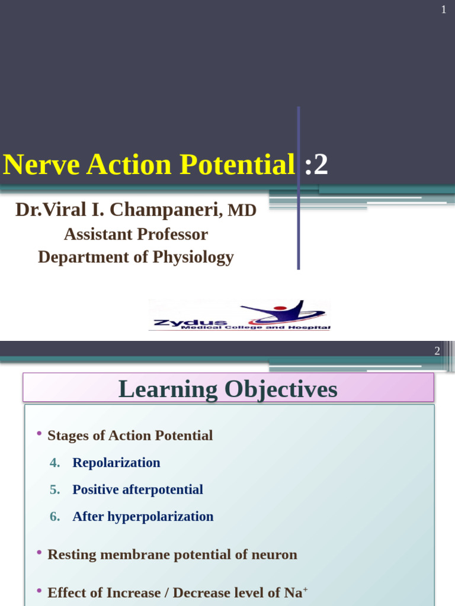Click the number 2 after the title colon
coord(321,165)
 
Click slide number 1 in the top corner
coord(443,10)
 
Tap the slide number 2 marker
coord(437,351)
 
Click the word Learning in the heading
coord(168,389)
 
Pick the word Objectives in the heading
coord(280,389)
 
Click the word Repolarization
coord(116,463)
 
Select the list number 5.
coord(55,489)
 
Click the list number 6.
coord(55,516)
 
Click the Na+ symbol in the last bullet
coord(298,592)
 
